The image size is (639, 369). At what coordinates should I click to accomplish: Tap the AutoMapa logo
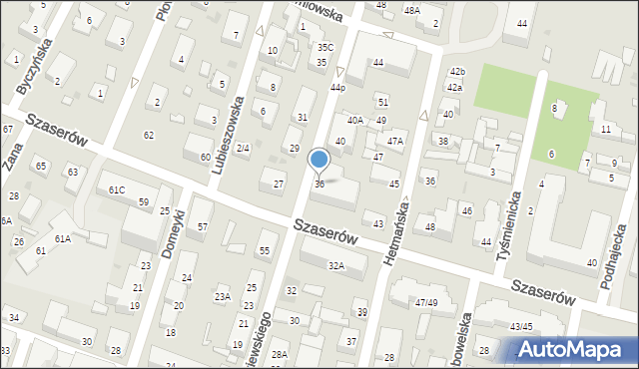tap(574, 349)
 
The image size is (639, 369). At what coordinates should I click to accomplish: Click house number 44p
tap(337, 88)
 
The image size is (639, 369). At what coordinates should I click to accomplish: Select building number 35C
tap(324, 47)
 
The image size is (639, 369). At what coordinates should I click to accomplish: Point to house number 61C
tap(117, 189)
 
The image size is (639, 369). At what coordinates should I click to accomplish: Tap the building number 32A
tap(336, 265)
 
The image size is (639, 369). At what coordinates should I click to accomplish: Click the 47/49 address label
tap(426, 302)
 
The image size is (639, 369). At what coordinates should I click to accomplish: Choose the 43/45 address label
tap(521, 326)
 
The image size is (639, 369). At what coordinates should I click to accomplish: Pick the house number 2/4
tap(242, 148)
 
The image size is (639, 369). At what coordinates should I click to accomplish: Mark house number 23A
tap(223, 296)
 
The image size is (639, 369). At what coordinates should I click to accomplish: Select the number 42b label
tap(457, 72)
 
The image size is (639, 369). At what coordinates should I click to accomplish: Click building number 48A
tap(411, 9)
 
